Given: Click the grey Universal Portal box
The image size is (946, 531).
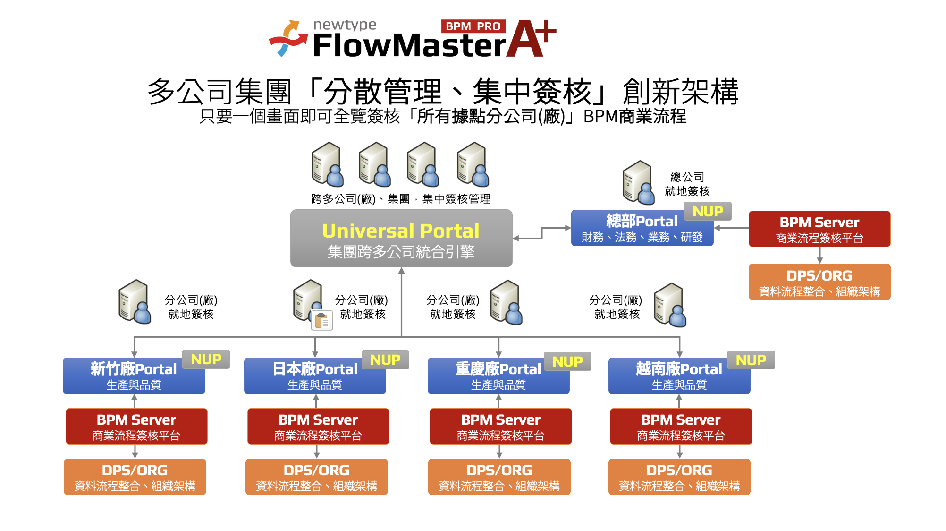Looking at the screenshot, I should click(401, 239).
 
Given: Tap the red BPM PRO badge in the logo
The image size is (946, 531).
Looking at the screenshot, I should click(473, 26).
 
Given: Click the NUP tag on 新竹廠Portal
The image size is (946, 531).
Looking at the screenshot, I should click(206, 360).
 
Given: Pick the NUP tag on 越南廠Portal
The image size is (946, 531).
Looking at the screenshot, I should click(751, 360).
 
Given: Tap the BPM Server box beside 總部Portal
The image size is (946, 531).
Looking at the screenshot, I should click(819, 229).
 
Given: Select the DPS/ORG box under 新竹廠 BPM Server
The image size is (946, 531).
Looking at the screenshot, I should click(135, 477).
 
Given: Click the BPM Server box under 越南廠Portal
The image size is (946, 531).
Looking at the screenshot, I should click(680, 427).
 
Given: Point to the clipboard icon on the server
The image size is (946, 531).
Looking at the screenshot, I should click(322, 321).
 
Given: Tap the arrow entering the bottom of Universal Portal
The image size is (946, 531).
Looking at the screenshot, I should click(402, 271).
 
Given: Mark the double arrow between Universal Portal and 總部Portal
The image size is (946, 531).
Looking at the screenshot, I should click(542, 233).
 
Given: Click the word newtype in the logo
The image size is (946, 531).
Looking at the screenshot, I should click(345, 25).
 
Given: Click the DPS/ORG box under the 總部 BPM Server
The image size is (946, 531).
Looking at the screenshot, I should click(819, 282).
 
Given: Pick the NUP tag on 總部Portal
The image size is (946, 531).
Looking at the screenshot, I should click(707, 211).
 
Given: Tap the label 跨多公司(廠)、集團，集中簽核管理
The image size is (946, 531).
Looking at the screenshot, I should click(401, 199).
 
